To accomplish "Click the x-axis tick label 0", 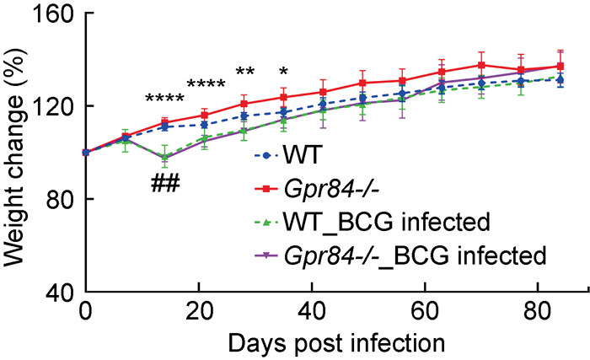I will tap(85, 312).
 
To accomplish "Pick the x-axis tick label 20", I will tap(199, 312).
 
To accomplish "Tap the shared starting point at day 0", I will tap(85, 153).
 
